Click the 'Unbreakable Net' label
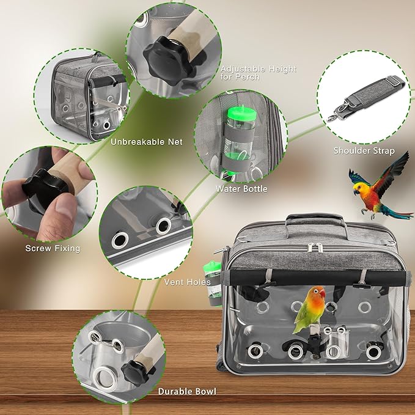[146, 142]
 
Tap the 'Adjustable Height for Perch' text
[258, 73]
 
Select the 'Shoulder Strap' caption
[364, 150]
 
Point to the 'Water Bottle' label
[241, 189]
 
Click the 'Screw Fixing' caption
[53, 248]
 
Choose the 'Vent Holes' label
[188, 282]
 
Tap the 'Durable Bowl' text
[186, 391]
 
